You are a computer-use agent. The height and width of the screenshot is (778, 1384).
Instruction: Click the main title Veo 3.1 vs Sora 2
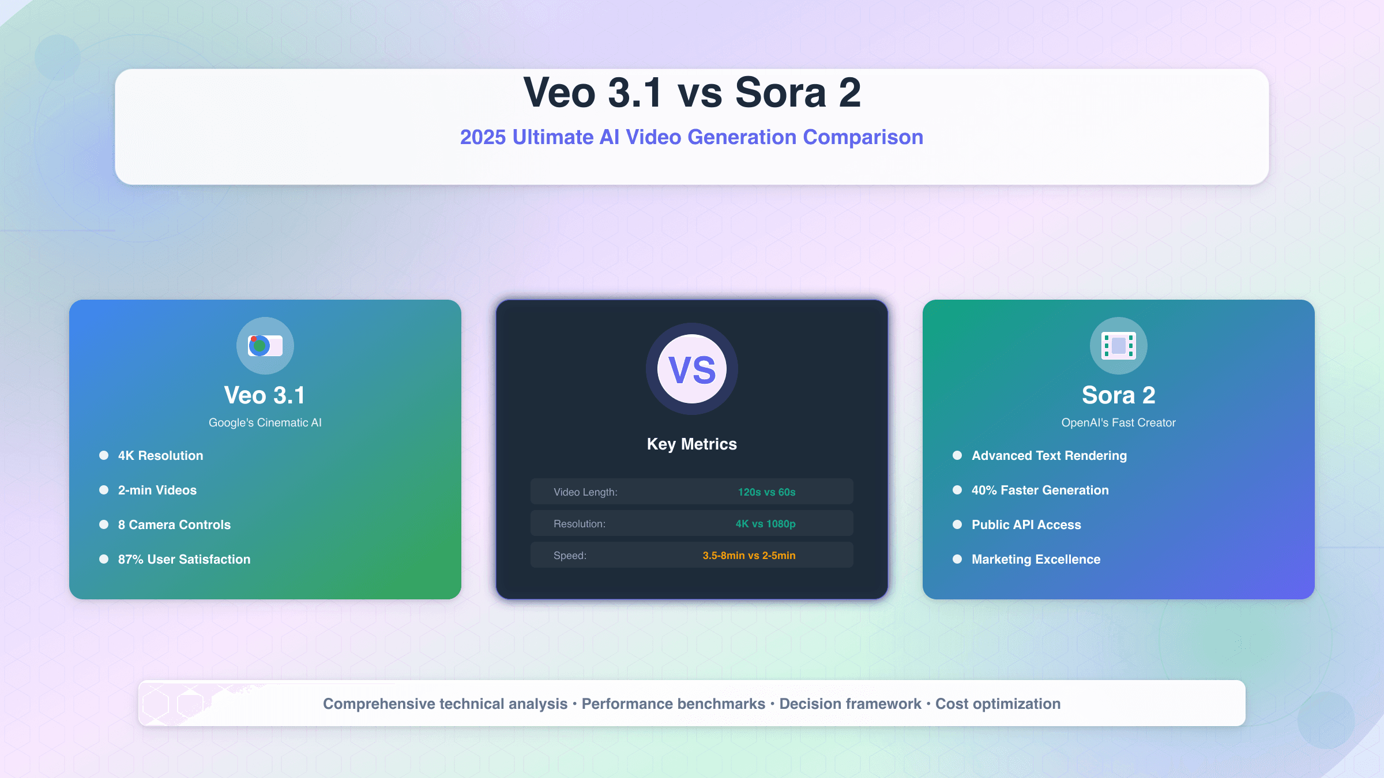pos(691,92)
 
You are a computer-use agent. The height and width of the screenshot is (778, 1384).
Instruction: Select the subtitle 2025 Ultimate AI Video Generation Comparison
pos(691,137)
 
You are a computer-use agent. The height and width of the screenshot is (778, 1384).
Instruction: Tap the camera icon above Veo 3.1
pos(265,346)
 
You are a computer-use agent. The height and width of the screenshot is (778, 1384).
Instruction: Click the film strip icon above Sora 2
pos(1118,346)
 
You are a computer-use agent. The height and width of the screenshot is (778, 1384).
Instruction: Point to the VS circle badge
pos(691,369)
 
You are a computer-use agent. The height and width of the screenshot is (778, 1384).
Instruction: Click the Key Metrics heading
pos(691,444)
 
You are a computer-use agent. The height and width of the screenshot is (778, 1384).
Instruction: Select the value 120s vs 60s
pos(766,492)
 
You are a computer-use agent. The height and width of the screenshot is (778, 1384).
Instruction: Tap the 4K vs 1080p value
pos(765,524)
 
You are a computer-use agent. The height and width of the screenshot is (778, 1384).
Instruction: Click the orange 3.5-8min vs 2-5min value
pos(749,556)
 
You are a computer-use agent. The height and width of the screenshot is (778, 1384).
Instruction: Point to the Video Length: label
pos(585,492)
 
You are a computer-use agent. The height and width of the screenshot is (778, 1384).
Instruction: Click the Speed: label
pos(570,556)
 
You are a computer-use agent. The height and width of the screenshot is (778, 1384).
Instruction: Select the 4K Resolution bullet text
pos(160,456)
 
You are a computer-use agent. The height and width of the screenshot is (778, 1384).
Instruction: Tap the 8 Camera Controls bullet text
pos(174,525)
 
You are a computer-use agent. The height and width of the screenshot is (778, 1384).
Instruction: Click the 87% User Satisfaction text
pos(184,560)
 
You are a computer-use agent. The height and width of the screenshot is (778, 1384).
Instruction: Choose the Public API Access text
pos(1026,525)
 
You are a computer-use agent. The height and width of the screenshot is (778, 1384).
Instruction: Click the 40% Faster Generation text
pos(1040,490)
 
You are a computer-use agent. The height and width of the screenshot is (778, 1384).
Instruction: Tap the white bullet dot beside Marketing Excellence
pos(957,559)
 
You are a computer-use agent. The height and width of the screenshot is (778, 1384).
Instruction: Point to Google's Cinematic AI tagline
pos(265,422)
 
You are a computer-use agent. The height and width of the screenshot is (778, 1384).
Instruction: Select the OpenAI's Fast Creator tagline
pos(1118,422)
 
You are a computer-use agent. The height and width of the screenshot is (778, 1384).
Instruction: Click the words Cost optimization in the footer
pos(998,704)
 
